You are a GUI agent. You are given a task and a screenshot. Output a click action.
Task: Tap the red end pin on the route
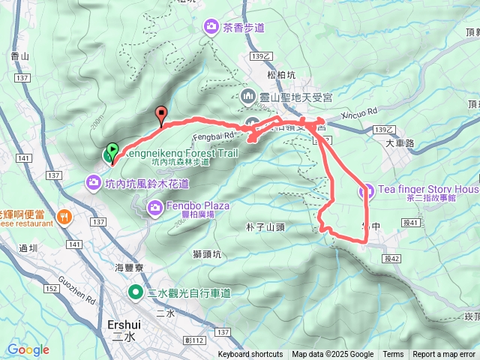click(160, 115)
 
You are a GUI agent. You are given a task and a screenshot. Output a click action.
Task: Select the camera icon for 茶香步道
click(211, 28)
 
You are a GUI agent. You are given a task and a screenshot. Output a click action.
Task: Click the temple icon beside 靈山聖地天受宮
click(249, 97)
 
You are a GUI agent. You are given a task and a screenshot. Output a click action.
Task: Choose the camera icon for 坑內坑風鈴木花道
click(93, 181)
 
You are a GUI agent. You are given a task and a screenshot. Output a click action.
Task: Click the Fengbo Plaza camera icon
click(155, 206)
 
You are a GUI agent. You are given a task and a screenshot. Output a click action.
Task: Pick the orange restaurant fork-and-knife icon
click(64, 217)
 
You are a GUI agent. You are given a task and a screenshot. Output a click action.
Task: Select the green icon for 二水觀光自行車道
click(136, 292)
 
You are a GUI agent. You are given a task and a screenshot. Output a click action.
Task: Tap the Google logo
click(28, 349)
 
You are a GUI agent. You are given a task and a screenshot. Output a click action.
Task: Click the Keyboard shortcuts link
click(250, 355)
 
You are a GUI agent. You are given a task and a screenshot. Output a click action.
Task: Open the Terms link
click(393, 355)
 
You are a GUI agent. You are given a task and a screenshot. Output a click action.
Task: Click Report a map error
click(444, 355)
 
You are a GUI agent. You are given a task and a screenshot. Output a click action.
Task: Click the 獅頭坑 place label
click(207, 254)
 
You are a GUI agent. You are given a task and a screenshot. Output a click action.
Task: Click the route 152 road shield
click(50, 289)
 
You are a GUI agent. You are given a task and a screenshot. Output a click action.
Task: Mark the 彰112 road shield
click(196, 340)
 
